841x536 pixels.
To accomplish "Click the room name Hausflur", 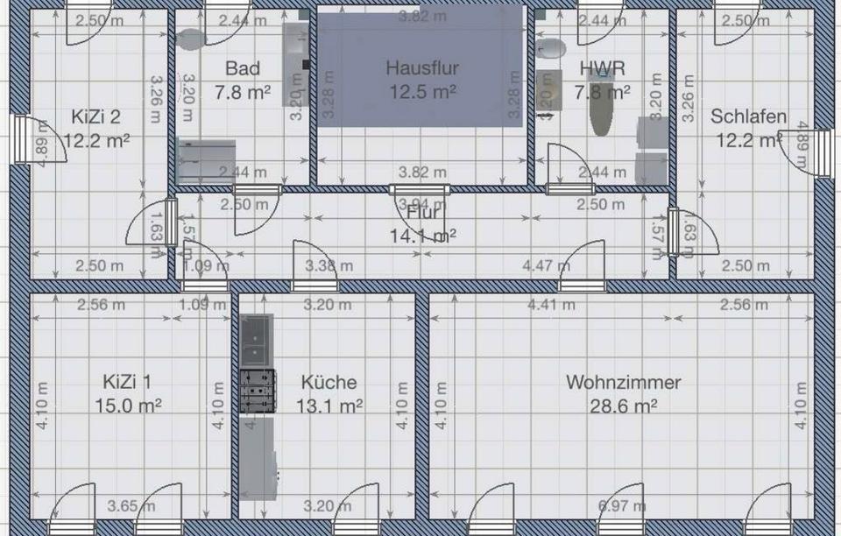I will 422,67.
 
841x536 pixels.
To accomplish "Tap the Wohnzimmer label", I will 623,383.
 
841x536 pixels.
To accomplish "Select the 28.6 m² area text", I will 623,406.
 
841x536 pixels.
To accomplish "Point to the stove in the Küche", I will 258,391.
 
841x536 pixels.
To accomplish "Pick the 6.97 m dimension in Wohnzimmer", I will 622,505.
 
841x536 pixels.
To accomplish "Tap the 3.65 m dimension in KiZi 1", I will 131,505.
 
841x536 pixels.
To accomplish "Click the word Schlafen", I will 748,116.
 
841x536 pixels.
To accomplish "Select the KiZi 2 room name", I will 96,116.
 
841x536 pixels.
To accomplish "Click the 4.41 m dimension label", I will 552,305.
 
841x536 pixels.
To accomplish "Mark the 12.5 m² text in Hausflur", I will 422,90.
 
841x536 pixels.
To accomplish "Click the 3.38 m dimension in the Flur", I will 329,265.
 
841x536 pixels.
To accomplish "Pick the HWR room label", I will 602,68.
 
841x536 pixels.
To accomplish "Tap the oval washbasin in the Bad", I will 190,39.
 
